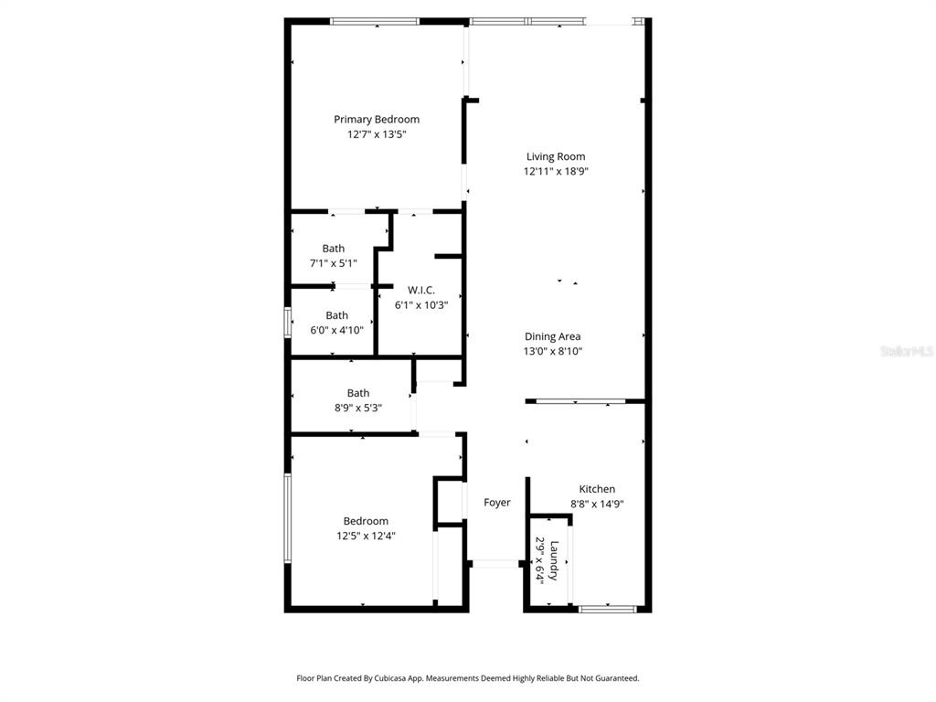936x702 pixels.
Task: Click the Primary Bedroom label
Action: (x=377, y=120)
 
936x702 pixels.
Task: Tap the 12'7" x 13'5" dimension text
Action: (x=377, y=134)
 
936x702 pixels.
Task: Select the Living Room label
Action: (x=556, y=156)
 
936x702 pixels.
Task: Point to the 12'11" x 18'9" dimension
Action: (x=556, y=171)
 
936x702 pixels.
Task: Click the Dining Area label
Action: (x=552, y=336)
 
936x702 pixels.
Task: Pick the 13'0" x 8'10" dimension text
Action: (x=552, y=351)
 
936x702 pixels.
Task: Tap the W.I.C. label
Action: (x=421, y=291)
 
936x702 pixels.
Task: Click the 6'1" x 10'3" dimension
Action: (x=421, y=305)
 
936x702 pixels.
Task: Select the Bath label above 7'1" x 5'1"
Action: (x=334, y=249)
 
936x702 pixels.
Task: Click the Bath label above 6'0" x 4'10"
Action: (x=336, y=315)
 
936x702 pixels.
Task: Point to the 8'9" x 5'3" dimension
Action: (x=358, y=408)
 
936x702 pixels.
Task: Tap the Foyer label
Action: (x=497, y=503)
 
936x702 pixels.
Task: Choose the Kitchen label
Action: (x=597, y=489)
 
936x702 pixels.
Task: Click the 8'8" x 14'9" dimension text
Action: (x=597, y=504)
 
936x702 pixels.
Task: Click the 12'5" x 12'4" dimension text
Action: (x=366, y=536)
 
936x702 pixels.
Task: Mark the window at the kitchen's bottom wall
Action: (x=608, y=608)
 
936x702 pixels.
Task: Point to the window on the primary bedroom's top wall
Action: (x=375, y=21)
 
